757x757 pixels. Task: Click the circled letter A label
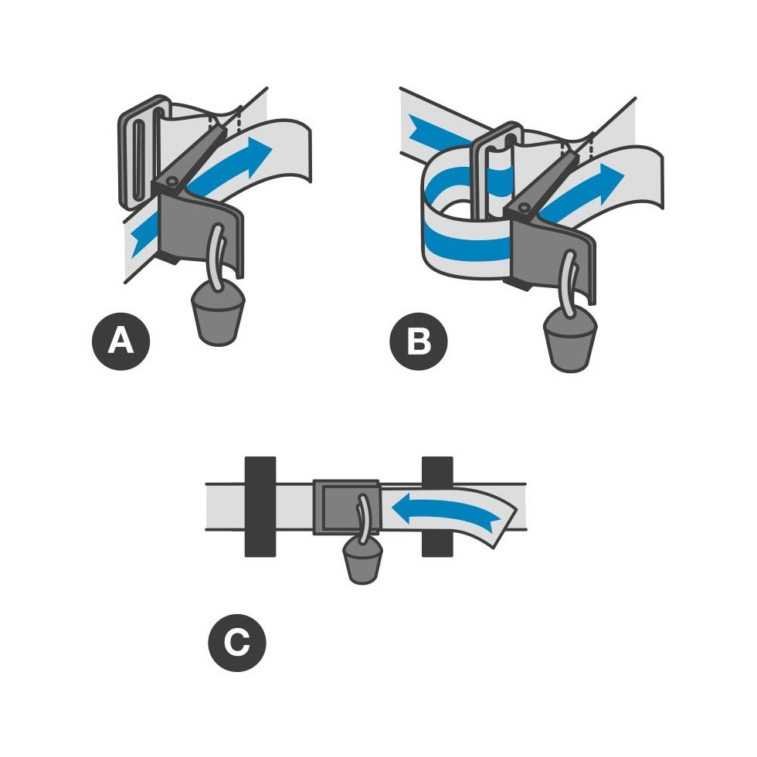[121, 341]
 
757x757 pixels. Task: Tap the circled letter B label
[419, 341]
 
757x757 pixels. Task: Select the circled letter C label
[237, 642]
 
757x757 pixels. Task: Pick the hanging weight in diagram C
[362, 561]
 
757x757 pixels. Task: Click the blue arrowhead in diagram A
[256, 154]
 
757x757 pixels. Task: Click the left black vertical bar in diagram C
[260, 507]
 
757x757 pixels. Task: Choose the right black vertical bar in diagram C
[437, 507]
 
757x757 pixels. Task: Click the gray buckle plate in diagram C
[346, 507]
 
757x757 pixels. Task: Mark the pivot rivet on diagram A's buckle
[171, 180]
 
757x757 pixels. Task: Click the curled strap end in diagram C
[497, 524]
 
